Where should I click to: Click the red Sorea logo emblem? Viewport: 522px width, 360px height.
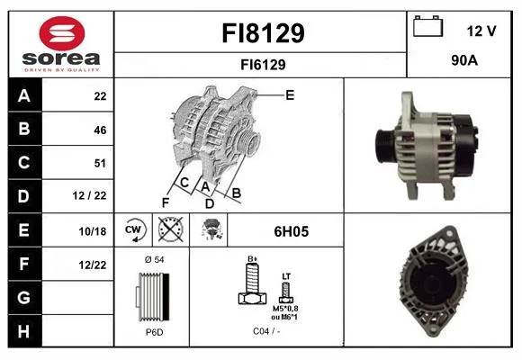(62, 33)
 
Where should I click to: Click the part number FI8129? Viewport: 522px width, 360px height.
(263, 33)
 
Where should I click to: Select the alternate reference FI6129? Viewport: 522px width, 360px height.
(263, 65)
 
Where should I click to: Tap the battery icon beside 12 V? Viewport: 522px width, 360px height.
(427, 26)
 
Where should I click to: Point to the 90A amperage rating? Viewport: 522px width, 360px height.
(464, 60)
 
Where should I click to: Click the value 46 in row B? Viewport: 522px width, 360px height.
(100, 130)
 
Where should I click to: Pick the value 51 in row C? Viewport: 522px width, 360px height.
(100, 163)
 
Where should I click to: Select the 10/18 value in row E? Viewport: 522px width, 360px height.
(93, 231)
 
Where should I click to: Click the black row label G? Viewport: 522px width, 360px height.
(24, 297)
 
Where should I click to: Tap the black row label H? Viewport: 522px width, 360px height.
(24, 331)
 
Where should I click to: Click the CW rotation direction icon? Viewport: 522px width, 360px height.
(134, 229)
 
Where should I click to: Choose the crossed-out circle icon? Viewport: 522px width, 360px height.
(170, 229)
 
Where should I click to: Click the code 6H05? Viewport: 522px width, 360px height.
(292, 231)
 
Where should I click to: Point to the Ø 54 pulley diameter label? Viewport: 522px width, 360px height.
(155, 260)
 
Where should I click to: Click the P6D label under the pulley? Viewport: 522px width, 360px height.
(155, 332)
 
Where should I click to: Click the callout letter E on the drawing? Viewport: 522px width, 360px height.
(290, 95)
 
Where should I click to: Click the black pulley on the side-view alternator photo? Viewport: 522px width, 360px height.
(385, 146)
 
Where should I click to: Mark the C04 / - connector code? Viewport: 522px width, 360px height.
(266, 331)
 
